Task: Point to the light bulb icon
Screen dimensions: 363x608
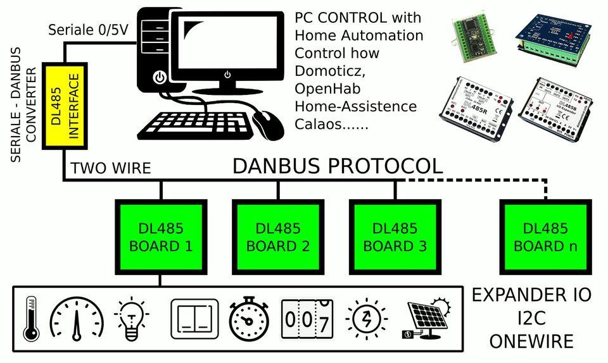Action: click(x=131, y=319)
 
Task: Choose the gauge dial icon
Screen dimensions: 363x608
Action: click(x=77, y=318)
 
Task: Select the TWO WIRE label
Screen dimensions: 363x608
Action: click(x=111, y=168)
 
